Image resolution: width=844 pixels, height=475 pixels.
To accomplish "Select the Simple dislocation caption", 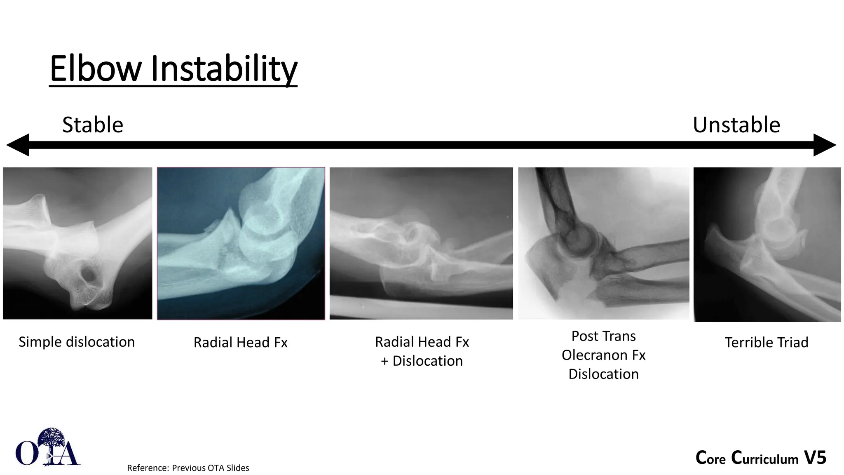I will click(x=77, y=342).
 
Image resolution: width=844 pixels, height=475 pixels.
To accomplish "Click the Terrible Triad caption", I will click(x=767, y=342).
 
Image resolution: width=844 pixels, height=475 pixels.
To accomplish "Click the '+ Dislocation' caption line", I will click(x=422, y=361).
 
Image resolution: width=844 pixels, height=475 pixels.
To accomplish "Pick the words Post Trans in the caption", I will click(x=603, y=336).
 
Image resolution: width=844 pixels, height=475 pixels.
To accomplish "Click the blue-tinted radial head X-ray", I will click(x=241, y=243).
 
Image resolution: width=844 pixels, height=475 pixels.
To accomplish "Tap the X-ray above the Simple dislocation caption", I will click(x=77, y=243).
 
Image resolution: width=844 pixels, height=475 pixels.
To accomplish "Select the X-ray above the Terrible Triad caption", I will click(x=767, y=244).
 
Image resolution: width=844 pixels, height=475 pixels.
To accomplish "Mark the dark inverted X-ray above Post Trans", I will click(x=603, y=243).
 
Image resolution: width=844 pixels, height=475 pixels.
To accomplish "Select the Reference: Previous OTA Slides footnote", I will click(x=188, y=468).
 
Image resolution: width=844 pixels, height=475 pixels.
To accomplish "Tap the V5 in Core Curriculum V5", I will click(x=815, y=458).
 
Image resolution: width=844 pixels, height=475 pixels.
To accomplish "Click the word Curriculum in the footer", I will click(x=764, y=458).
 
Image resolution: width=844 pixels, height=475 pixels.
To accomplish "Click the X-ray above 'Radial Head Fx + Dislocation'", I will click(x=421, y=243).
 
